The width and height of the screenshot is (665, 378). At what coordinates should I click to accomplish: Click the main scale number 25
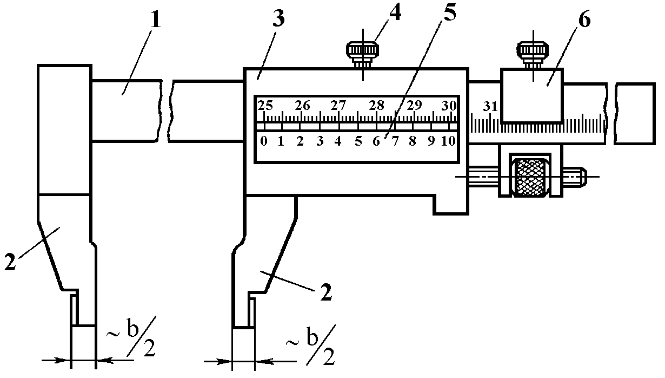pyautogui.click(x=265, y=105)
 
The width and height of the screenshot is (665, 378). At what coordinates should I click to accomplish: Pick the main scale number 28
pyautogui.click(x=377, y=105)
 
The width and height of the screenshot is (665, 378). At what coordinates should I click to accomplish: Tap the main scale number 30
pyautogui.click(x=449, y=105)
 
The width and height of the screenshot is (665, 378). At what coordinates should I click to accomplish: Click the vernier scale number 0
pyautogui.click(x=263, y=142)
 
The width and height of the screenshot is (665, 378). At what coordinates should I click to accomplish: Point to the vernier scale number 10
pyautogui.click(x=449, y=142)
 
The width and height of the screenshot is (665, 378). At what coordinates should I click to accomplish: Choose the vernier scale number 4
pyautogui.click(x=338, y=142)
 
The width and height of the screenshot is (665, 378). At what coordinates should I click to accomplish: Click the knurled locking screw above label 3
pyautogui.click(x=362, y=53)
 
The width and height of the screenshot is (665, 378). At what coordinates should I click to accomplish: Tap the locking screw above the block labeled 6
pyautogui.click(x=534, y=53)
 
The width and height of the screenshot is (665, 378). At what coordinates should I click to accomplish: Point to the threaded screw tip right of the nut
pyautogui.click(x=577, y=177)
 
